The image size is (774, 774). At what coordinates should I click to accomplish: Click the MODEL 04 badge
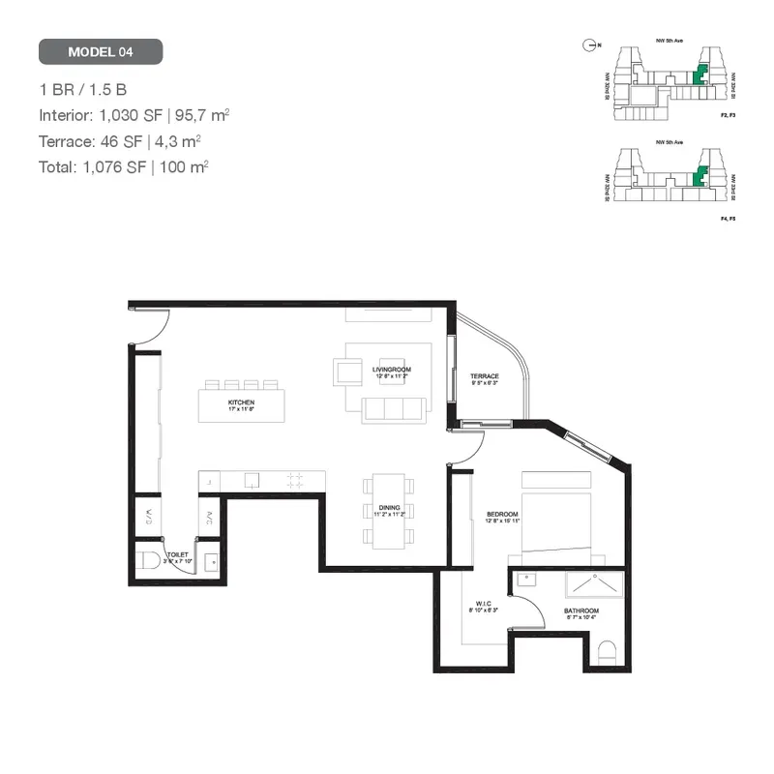click(101, 51)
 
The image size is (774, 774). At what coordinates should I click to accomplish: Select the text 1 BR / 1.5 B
click(83, 90)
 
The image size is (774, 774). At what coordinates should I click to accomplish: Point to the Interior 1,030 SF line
click(134, 115)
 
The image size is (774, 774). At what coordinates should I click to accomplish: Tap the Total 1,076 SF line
click(124, 166)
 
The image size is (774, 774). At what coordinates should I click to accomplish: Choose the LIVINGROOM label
click(391, 370)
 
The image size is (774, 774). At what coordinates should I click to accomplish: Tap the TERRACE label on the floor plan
click(485, 376)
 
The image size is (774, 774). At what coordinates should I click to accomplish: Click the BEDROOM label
click(503, 514)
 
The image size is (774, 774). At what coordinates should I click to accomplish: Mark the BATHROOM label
click(581, 611)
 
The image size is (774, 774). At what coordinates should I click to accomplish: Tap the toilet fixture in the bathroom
click(607, 653)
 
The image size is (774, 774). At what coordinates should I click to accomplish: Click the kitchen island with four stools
click(242, 403)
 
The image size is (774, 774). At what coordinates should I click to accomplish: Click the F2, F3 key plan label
click(729, 115)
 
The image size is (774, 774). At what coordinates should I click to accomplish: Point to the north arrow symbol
click(588, 44)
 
